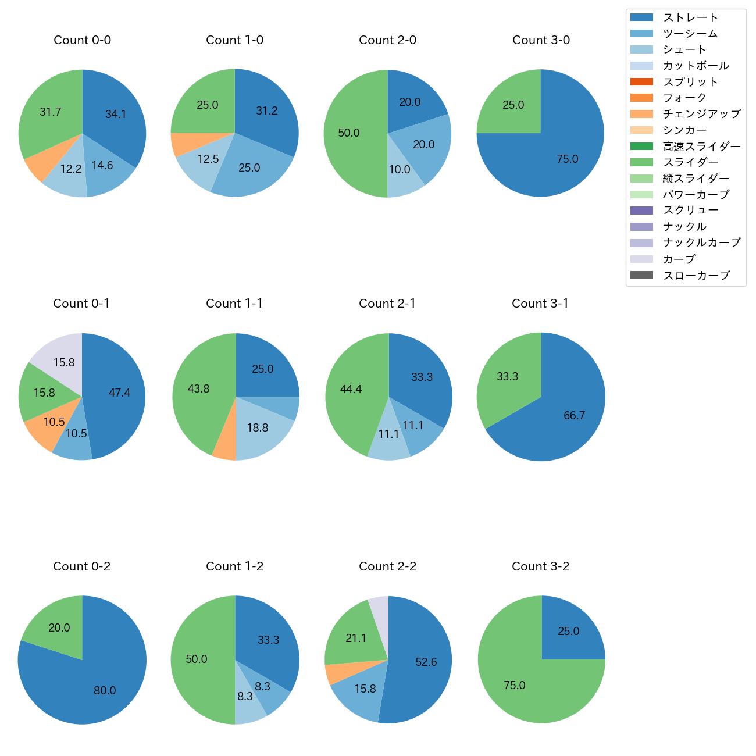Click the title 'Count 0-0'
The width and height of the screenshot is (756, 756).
82,40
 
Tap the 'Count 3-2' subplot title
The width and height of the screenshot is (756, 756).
540,566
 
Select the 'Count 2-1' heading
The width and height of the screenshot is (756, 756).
387,304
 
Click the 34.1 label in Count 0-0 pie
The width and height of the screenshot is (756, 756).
116,115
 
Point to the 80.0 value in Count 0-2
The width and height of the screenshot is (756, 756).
105,691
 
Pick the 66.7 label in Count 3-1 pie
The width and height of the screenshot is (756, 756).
574,416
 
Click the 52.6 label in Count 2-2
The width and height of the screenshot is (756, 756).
426,662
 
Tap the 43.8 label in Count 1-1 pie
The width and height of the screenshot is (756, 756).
198,389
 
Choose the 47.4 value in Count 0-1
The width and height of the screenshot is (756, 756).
119,393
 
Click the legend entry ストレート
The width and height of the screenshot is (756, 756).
690,17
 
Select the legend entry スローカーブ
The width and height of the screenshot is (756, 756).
696,276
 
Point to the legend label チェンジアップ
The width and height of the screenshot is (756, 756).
701,114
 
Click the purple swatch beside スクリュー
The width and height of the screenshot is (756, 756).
641,211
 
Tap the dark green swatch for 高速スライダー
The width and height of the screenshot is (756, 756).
641,147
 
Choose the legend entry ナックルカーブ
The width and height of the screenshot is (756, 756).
701,243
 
